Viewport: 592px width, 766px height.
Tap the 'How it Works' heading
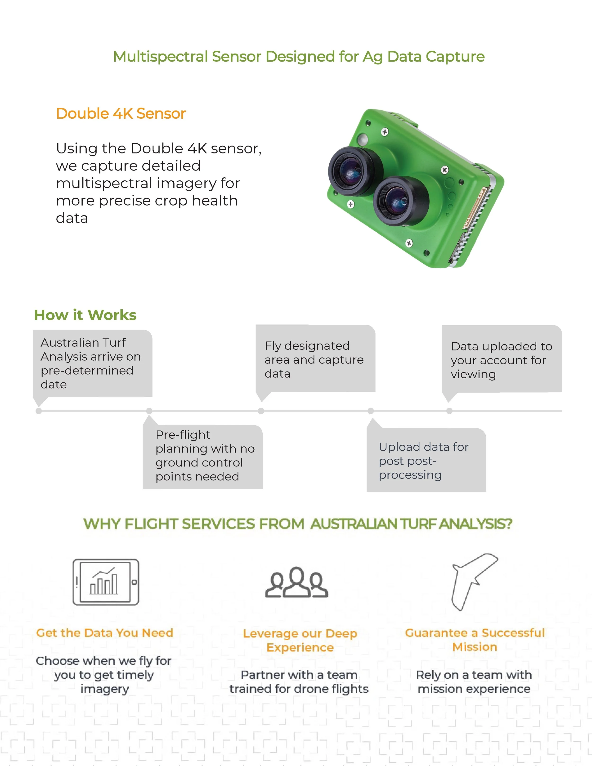point(85,315)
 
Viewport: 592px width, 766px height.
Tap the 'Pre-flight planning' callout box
point(203,456)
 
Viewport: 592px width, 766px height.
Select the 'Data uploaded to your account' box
point(502,359)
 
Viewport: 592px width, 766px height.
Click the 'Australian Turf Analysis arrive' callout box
point(92,363)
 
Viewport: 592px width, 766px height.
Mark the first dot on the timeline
point(39,411)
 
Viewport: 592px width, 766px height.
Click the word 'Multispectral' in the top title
point(161,57)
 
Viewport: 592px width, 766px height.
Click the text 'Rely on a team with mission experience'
point(474,682)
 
